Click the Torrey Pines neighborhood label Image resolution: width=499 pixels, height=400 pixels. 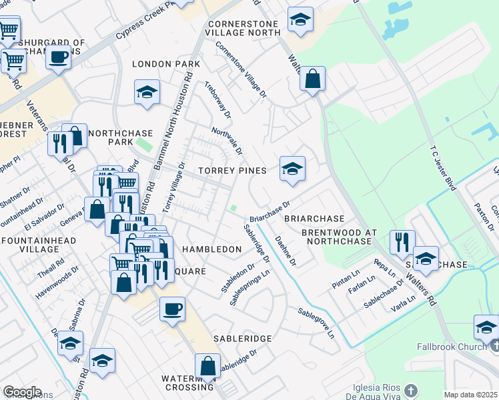point(232,171)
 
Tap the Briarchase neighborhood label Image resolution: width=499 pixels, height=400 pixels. point(314,219)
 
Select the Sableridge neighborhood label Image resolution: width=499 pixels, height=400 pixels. point(242,339)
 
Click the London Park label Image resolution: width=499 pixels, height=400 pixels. point(166,64)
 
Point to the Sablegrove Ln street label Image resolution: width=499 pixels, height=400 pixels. point(316,323)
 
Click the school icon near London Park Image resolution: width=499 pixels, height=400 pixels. point(147,92)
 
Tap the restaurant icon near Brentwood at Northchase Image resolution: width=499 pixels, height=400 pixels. point(402,242)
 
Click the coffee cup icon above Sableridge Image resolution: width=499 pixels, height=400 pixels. point(172,309)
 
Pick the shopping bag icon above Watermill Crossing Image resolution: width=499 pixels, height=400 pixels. point(207,366)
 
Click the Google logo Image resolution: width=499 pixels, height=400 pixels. point(22,392)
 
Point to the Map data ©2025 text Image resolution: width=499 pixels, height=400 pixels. point(471,395)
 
